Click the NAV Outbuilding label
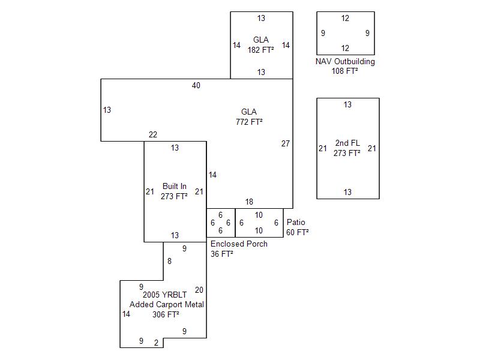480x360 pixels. coord(345,61)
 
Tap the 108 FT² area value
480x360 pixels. coord(345,71)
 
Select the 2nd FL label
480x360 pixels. coord(347,143)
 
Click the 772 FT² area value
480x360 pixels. coord(249,122)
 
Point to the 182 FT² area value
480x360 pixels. coord(261,50)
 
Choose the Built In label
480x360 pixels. coord(174,186)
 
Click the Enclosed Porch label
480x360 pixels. coord(239,244)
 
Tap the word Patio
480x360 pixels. coord(296,222)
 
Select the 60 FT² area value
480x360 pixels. coord(298,232)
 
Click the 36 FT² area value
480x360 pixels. coord(222,254)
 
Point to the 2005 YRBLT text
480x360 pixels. coord(165,295)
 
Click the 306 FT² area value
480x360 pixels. coord(166,314)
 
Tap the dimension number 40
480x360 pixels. coord(196,85)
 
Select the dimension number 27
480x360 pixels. coord(286,143)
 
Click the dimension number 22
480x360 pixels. coord(153,134)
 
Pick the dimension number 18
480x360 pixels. coord(249,202)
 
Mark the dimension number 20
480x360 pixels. coord(199,290)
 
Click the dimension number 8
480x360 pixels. coord(169,261)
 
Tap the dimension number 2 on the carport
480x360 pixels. coord(156,343)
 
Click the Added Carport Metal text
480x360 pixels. coord(167,304)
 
